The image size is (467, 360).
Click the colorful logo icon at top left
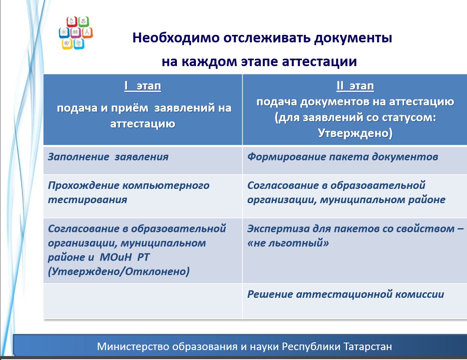click(x=76, y=33)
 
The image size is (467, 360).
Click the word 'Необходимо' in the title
click(x=176, y=38)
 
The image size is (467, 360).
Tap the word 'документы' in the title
click(x=353, y=38)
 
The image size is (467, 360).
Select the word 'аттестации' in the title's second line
click(x=319, y=62)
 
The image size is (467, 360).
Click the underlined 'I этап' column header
click(x=142, y=86)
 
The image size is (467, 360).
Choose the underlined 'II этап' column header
click(x=355, y=86)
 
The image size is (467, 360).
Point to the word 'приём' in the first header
click(x=129, y=108)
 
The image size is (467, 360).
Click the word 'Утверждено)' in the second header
click(x=355, y=133)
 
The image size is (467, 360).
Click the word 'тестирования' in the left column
click(x=87, y=200)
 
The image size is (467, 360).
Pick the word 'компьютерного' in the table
click(x=166, y=186)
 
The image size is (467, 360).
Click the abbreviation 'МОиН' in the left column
click(x=116, y=257)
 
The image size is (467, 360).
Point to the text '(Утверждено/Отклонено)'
click(x=119, y=272)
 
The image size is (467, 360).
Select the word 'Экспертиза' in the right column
click(x=279, y=229)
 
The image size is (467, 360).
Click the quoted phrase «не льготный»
click(x=288, y=243)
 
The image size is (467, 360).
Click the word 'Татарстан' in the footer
click(x=368, y=347)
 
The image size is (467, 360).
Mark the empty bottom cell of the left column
click(x=142, y=301)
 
